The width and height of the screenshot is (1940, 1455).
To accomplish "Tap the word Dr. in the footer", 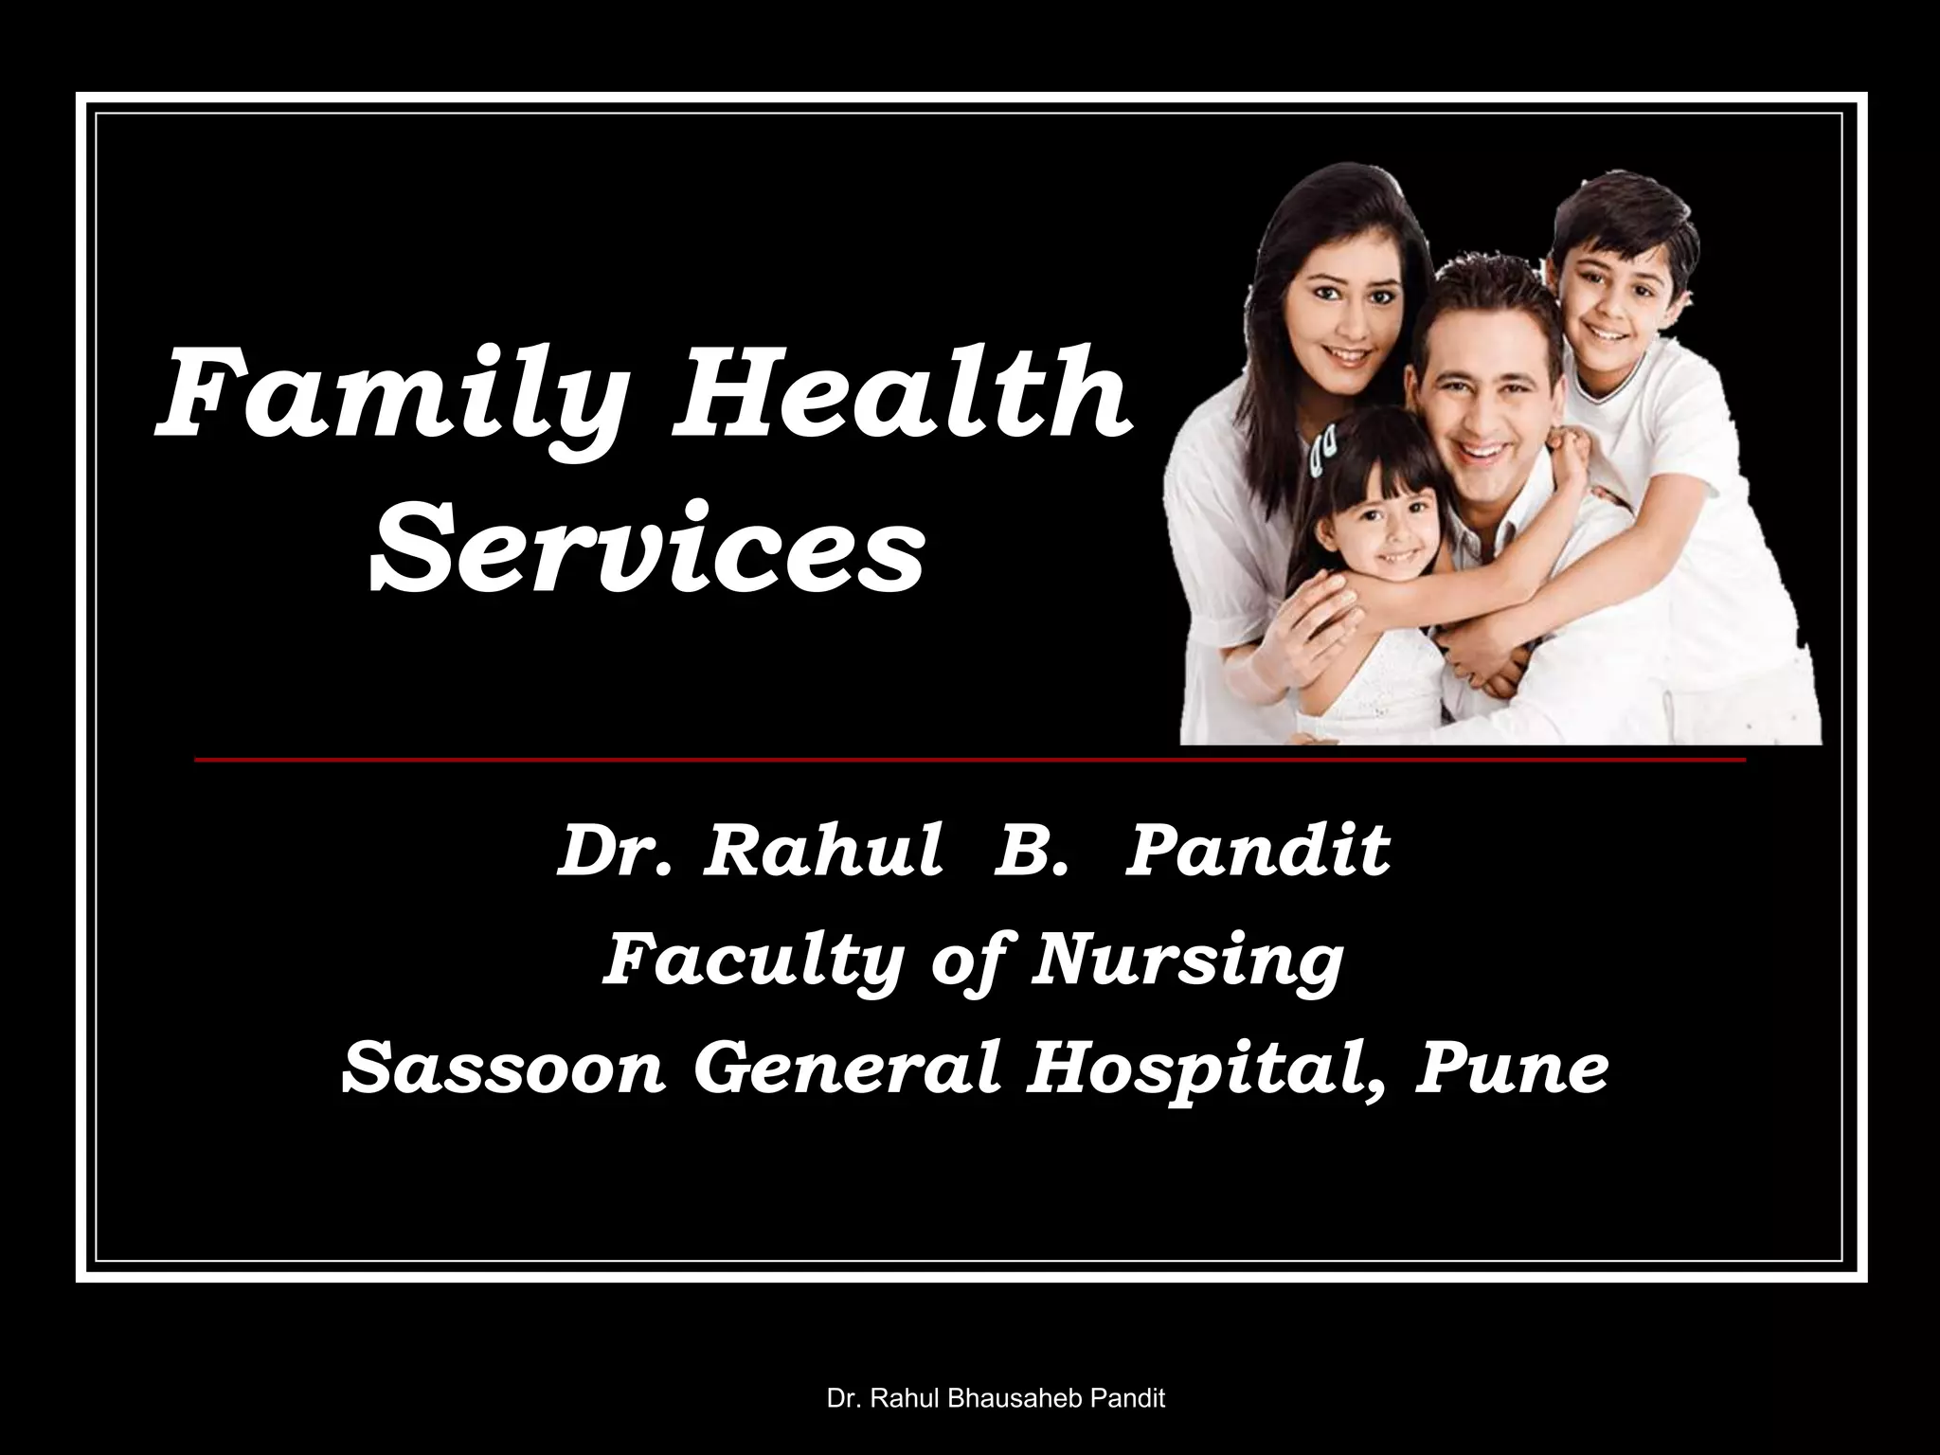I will (x=843, y=1398).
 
